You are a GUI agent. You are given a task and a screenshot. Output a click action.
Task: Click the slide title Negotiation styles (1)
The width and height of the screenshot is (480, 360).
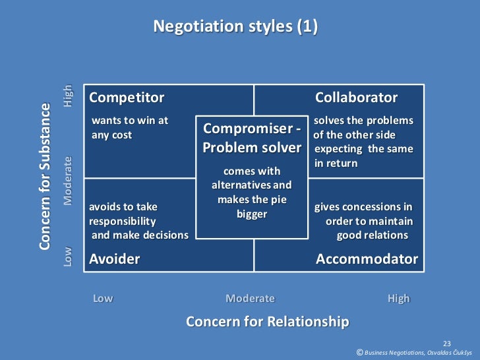tap(235, 27)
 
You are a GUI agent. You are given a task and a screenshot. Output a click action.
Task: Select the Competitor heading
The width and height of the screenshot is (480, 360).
tap(127, 98)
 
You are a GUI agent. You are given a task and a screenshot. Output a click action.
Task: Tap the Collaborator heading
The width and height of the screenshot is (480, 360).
tap(356, 98)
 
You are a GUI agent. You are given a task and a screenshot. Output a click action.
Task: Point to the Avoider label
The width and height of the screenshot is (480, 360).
tap(115, 258)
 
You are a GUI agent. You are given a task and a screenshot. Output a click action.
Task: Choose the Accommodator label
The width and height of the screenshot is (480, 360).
tap(367, 258)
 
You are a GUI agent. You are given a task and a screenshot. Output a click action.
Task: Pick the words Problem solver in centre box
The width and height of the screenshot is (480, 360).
tap(252, 147)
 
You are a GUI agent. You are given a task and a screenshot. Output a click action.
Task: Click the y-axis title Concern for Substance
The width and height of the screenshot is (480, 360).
tap(45, 176)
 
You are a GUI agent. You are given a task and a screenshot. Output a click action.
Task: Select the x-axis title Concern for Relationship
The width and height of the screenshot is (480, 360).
tap(267, 321)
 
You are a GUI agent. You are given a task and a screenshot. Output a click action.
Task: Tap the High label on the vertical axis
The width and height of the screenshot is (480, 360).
tap(68, 97)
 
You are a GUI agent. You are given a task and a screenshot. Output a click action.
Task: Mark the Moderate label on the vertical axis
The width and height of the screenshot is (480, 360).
tap(68, 181)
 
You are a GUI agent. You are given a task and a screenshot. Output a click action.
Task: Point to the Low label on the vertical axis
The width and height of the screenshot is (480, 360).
tap(68, 256)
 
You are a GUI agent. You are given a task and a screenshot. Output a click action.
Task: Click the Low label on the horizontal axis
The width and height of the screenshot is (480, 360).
tap(103, 298)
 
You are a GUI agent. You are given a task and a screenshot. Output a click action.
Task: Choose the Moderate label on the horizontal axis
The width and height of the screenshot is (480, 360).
tap(250, 298)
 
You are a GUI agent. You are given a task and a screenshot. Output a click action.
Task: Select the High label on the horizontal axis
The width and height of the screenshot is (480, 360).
tap(399, 298)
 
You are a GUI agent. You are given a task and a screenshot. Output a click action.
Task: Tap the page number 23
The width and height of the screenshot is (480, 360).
tap(446, 343)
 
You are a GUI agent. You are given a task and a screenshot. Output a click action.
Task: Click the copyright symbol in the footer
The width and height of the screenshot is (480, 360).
tap(359, 353)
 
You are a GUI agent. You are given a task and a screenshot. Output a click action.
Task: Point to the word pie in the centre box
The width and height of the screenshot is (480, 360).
tap(278, 200)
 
